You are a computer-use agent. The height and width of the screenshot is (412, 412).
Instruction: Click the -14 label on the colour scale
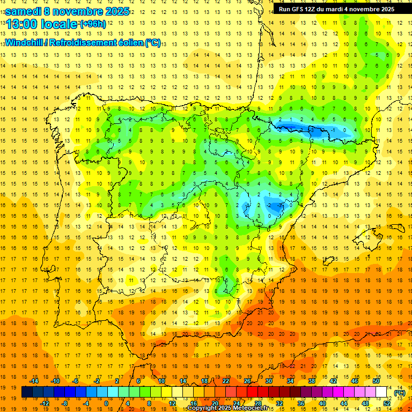pos(34,381)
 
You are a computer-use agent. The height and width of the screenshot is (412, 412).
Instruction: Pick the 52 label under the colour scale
pos(387,403)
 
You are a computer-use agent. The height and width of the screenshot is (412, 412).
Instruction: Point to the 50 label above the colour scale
pos(376,381)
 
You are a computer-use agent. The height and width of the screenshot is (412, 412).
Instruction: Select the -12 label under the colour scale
pos(45,403)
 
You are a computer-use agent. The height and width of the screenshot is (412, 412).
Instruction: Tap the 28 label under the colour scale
pos(258,403)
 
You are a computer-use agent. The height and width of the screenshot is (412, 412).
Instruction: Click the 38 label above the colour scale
pos(311,381)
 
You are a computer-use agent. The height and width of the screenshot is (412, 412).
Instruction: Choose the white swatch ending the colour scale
pos(381,392)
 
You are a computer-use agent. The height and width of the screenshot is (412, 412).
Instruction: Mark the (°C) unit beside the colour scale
pos(399,392)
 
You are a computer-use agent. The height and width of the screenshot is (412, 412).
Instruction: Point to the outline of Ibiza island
pos(328,261)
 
